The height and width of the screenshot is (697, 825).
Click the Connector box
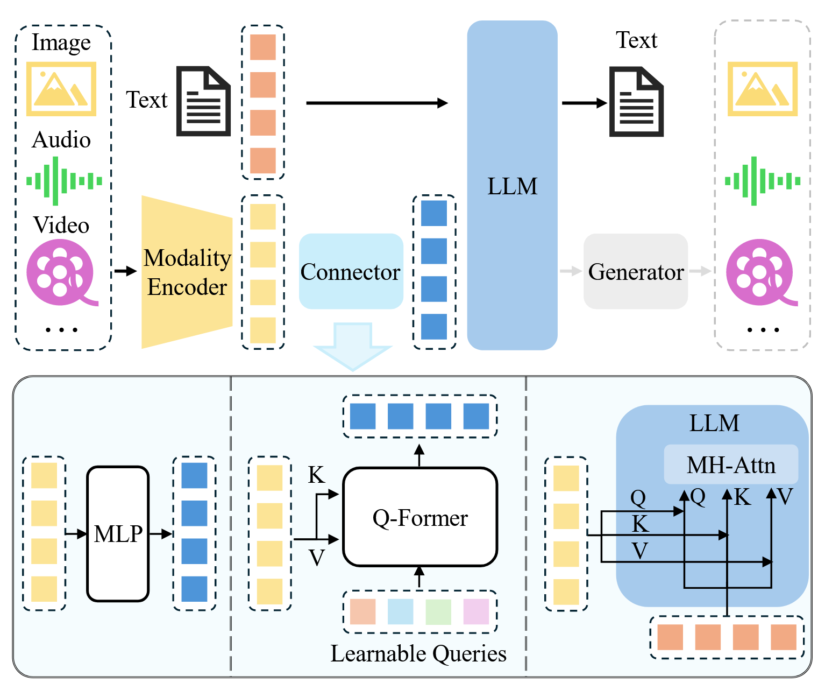coord(351,271)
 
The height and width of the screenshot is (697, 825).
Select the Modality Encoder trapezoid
coord(187,272)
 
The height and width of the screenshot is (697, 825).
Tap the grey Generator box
coord(636,271)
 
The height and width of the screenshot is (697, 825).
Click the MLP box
coord(118,534)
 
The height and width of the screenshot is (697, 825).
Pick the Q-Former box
coord(420,517)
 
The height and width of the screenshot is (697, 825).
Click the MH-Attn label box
coord(731,464)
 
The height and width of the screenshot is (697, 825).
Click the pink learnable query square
coord(476,611)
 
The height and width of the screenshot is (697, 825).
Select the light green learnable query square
coord(438,611)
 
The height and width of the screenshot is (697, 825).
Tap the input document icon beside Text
coord(203,101)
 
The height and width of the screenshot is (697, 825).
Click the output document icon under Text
coord(636,102)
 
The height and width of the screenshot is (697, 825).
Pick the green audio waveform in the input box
coord(64,181)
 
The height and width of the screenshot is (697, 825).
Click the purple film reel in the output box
coord(762,272)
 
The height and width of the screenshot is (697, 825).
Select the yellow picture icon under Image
coord(61,89)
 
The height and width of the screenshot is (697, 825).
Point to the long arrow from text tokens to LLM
coord(377,103)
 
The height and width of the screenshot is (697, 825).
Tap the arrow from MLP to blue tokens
coord(161,534)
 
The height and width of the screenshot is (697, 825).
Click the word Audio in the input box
coord(61,139)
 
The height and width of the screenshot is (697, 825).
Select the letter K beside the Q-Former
coord(316,474)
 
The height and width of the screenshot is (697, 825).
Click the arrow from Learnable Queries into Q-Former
coord(419,577)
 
